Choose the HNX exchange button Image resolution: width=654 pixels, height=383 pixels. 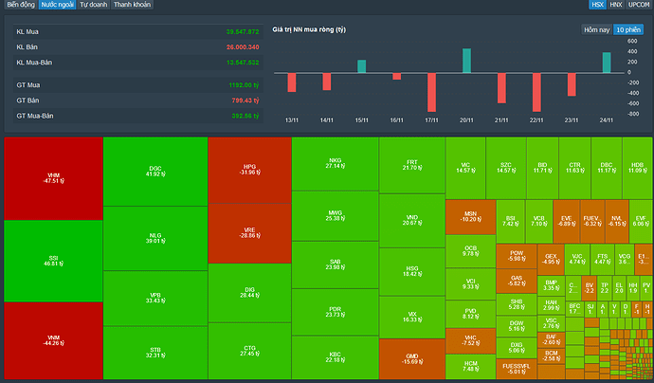pyautogui.click(x=616, y=5)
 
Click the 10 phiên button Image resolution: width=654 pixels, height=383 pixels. pyautogui.click(x=627, y=29)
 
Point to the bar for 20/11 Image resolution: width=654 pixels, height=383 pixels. pyautogui.click(x=466, y=61)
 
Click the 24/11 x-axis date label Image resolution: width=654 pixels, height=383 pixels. pyautogui.click(x=606, y=120)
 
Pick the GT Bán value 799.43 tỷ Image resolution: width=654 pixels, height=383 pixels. pyautogui.click(x=243, y=100)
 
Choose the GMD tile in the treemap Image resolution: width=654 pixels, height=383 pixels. pyautogui.click(x=410, y=358)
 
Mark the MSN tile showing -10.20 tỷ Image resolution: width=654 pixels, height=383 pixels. pyautogui.click(x=470, y=216)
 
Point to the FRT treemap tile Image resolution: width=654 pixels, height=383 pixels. pyautogui.click(x=410, y=165)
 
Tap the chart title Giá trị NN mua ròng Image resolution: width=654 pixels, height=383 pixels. pyautogui.click(x=309, y=29)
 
